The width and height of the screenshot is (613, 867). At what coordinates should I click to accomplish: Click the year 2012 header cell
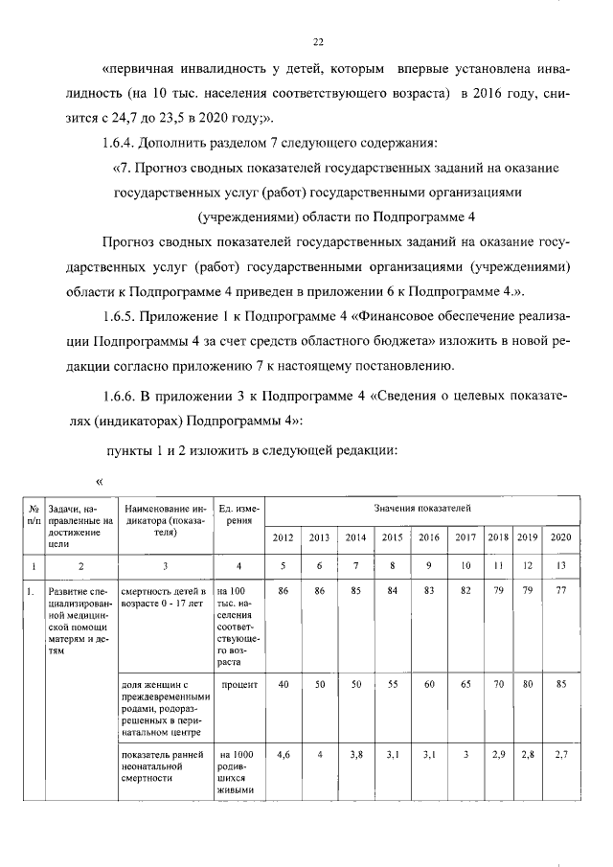tap(284, 536)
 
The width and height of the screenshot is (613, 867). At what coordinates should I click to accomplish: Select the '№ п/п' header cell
tap(34, 513)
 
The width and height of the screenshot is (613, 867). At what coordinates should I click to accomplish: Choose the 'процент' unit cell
tap(238, 686)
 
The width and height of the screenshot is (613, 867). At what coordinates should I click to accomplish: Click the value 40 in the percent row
tap(284, 686)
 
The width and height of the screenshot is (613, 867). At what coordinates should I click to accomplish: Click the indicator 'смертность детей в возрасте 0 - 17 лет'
tap(164, 599)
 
